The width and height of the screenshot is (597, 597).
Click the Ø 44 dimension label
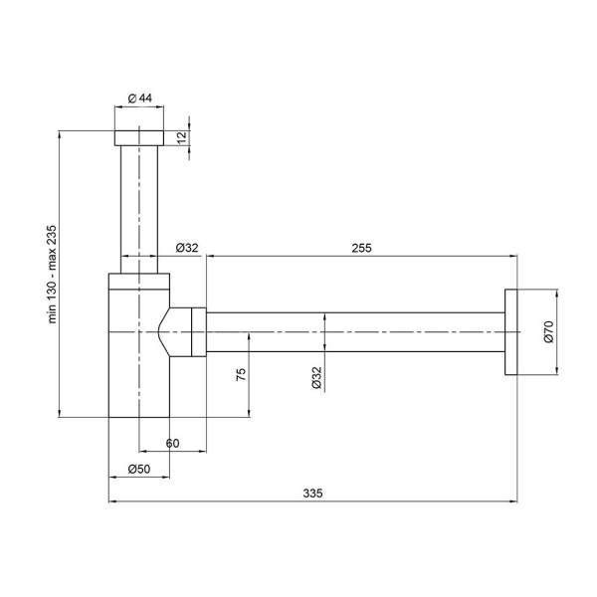click(140, 99)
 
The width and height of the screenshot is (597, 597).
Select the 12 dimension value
click(183, 137)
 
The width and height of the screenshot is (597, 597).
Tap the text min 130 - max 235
click(52, 275)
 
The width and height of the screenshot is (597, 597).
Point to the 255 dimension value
click(361, 248)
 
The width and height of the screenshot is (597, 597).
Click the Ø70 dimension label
click(548, 331)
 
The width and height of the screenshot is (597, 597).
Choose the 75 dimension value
click(242, 374)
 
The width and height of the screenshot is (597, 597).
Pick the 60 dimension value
click(172, 443)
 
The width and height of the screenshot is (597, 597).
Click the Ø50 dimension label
click(139, 469)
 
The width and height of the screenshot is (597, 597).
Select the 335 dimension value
click(313, 494)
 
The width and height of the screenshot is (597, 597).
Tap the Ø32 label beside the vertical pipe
click(187, 248)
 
